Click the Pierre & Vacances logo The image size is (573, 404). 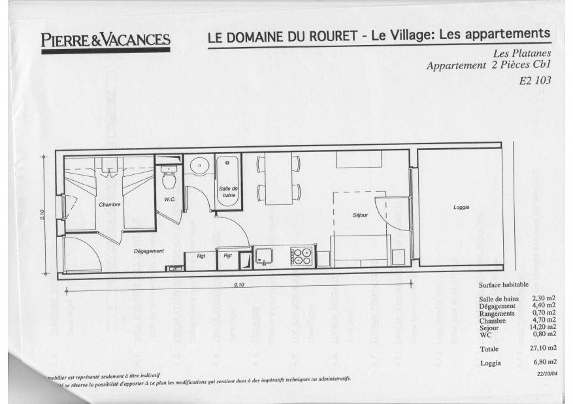pyautogui.click(x=105, y=40)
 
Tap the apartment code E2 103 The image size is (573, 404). pyautogui.click(x=536, y=82)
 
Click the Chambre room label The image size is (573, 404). pyautogui.click(x=110, y=205)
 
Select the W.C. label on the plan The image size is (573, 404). pyautogui.click(x=170, y=199)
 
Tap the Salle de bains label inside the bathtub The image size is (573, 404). pyautogui.click(x=228, y=192)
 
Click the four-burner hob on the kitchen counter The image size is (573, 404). pyautogui.click(x=301, y=256)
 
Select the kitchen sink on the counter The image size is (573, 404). pyautogui.click(x=265, y=256)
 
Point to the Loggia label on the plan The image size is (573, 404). pyautogui.click(x=462, y=208)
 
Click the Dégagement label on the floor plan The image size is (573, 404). pyautogui.click(x=148, y=251)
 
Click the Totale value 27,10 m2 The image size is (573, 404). pyautogui.click(x=544, y=349)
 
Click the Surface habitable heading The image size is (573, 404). pyautogui.click(x=504, y=285)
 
